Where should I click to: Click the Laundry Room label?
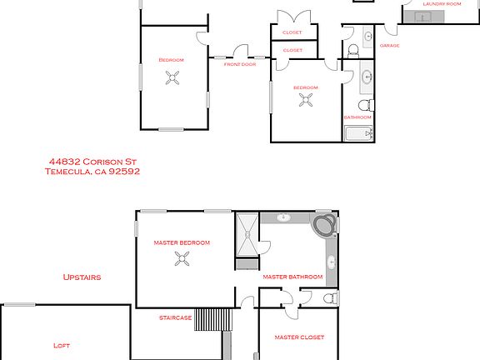[442, 4]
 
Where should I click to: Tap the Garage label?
[389, 46]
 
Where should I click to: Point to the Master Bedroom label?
[182, 242]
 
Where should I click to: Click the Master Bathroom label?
[292, 277]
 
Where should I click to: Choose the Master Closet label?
[299, 337]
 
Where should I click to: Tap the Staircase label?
[176, 317]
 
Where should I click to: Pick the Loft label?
[62, 345]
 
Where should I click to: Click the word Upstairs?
[83, 277]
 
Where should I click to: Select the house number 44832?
[63, 162]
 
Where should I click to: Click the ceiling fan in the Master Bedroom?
[182, 259]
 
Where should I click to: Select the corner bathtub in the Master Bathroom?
[324, 226]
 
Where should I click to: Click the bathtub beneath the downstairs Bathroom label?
[358, 136]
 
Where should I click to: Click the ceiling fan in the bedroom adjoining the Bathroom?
[307, 101]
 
